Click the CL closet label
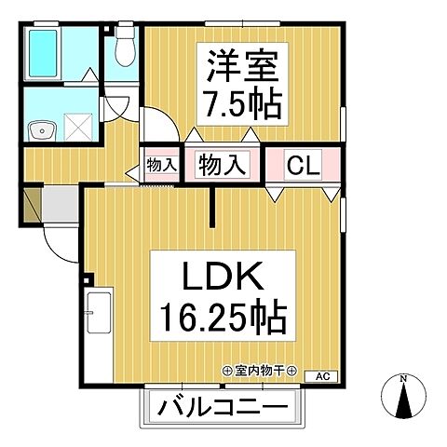303,168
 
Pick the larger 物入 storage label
223,168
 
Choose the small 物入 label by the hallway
162,166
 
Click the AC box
322,376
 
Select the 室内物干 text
260,371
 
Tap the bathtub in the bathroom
44,55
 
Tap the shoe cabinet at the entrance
32,205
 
